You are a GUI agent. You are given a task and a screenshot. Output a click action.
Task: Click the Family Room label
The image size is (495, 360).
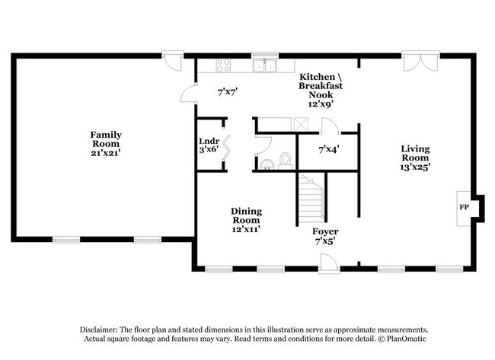(x=107, y=139)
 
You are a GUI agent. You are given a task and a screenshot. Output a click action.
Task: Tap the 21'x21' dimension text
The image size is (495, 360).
(x=107, y=153)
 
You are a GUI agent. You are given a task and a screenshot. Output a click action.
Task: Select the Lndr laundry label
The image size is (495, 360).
(x=209, y=141)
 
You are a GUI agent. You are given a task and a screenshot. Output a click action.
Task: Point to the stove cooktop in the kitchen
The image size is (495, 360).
(x=223, y=65)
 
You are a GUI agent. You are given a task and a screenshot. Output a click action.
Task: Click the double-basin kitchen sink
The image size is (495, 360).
(x=265, y=66)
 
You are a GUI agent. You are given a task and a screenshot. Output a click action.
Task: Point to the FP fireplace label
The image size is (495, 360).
(x=463, y=206)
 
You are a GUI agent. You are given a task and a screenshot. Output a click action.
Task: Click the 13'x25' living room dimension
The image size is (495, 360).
(x=416, y=167)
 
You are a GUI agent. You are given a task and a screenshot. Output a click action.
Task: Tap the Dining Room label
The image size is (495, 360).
(x=247, y=215)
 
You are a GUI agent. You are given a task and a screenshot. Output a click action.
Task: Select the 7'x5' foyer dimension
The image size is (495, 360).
(x=325, y=241)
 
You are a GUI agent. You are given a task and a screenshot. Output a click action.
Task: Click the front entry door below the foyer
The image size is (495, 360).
(x=328, y=263)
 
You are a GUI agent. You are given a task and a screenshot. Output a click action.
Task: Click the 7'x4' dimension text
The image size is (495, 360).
(x=328, y=149)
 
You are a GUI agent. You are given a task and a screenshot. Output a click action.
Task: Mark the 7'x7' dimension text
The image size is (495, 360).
(x=228, y=91)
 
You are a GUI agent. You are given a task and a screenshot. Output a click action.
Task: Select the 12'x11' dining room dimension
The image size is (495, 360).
(x=247, y=229)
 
